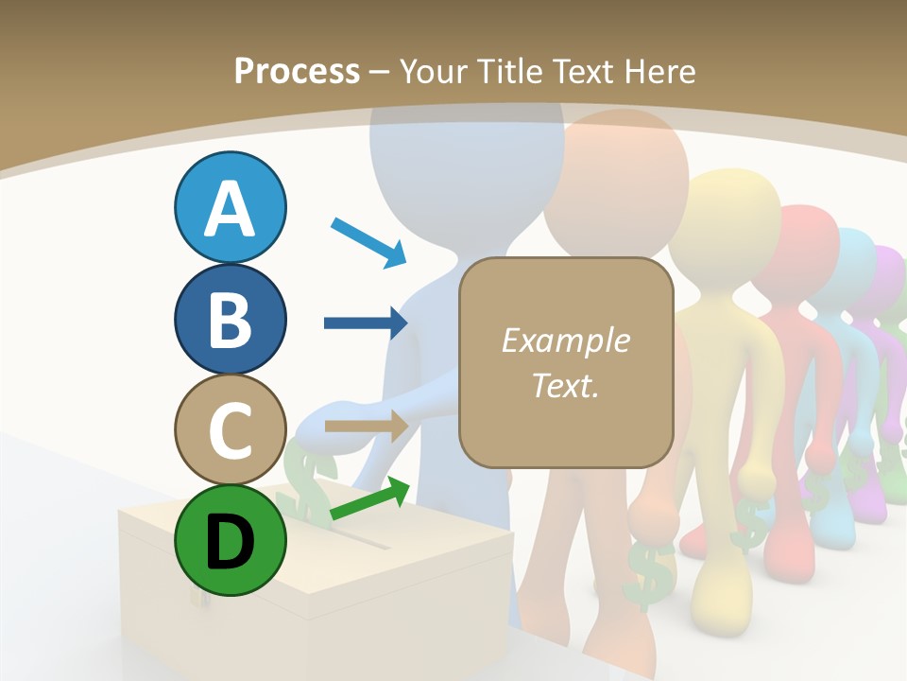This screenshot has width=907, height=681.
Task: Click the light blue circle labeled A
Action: click(231, 207)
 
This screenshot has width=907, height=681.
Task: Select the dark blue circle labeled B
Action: click(231, 319)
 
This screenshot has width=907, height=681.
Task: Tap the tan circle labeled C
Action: click(231, 429)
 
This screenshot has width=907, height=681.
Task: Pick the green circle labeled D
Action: click(231, 540)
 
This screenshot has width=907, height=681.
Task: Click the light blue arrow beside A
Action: click(369, 241)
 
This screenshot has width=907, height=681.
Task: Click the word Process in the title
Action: click(297, 71)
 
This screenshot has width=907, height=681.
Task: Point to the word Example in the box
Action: click(565, 340)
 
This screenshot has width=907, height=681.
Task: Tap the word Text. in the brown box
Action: click(565, 385)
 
